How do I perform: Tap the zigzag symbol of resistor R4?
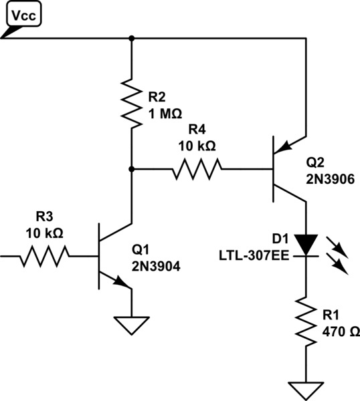[197, 169]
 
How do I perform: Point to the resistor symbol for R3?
[44, 255]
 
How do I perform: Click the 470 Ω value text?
[339, 330]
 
